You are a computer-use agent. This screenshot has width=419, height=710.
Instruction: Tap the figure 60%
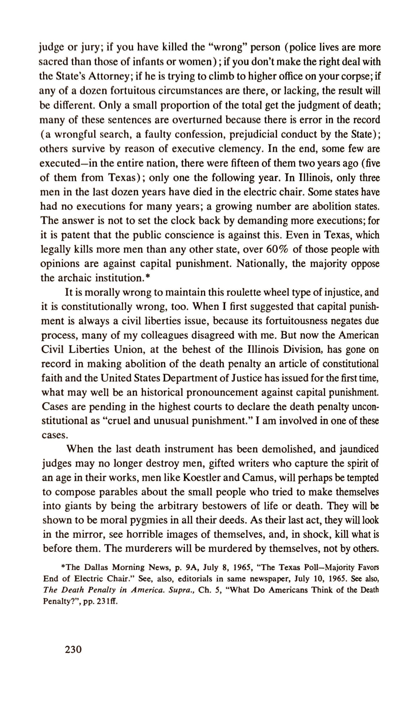(277, 250)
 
